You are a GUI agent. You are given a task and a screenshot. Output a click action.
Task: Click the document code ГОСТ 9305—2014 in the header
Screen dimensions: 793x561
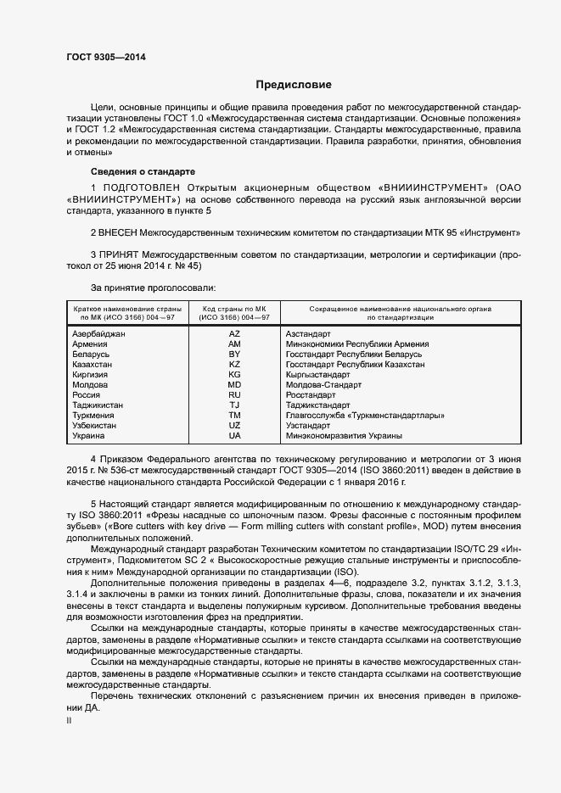pyautogui.click(x=105, y=57)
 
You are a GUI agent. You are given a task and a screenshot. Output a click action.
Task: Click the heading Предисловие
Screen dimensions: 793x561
pyautogui.click(x=293, y=86)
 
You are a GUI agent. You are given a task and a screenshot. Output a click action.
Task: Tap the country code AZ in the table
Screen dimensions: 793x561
pyautogui.click(x=234, y=333)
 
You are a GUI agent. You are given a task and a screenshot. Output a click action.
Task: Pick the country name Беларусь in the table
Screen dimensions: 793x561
pyautogui.click(x=93, y=354)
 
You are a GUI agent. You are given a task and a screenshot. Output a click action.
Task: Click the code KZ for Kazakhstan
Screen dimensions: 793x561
pyautogui.click(x=234, y=364)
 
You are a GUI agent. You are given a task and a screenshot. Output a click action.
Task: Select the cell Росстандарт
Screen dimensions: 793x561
pyautogui.click(x=313, y=394)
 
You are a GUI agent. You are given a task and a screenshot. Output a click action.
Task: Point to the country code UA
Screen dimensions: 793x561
pyautogui.click(x=234, y=435)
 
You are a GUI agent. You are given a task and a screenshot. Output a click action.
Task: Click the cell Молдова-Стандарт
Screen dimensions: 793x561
pyautogui.click(x=324, y=384)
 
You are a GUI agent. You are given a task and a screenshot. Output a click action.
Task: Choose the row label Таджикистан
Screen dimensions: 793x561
pyautogui.click(x=98, y=405)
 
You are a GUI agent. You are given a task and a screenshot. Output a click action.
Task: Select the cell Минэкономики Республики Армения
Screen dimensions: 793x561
pyautogui.click(x=357, y=343)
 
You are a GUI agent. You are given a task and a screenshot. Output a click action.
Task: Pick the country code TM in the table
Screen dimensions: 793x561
pyautogui.click(x=234, y=415)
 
